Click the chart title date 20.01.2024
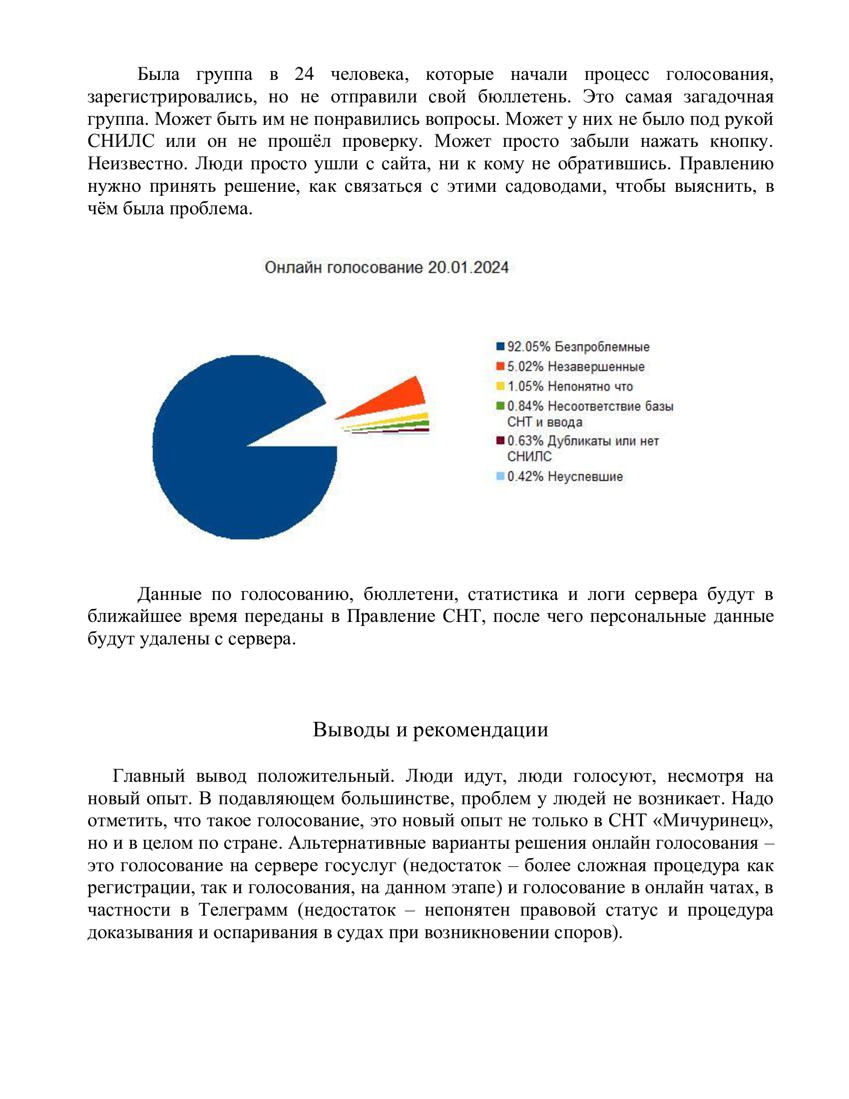[x=468, y=267]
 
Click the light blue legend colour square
[x=500, y=476]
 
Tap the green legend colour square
[x=500, y=406]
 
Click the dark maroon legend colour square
[x=500, y=441]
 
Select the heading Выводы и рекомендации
[x=430, y=730]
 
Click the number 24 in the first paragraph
[x=304, y=74]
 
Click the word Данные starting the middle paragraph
[x=169, y=594]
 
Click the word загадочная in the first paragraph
[x=728, y=96]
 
